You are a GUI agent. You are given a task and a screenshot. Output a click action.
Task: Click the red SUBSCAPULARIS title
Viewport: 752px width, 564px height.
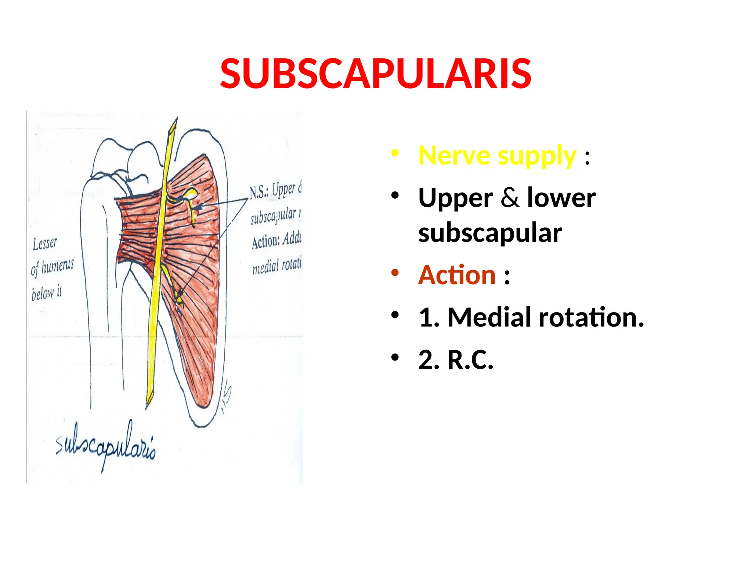375,74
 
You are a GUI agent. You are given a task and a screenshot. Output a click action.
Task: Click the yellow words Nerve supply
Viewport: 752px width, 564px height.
497,156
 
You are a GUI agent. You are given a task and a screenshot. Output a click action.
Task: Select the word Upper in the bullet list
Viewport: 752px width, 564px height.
455,198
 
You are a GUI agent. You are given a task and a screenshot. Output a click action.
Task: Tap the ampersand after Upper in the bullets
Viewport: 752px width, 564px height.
510,198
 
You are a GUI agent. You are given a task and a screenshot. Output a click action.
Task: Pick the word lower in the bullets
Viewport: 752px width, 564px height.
561,198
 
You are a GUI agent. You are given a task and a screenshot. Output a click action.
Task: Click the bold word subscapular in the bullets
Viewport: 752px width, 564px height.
490,233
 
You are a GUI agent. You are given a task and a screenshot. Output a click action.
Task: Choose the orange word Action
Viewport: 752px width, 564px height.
457,275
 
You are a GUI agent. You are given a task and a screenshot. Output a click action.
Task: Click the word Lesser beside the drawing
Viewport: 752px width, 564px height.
45,243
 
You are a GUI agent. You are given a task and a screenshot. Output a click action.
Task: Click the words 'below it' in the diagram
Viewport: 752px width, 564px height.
47,293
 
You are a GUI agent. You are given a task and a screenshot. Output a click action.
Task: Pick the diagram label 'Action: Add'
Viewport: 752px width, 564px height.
276,241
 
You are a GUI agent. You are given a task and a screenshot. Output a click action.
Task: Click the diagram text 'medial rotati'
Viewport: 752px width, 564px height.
276,265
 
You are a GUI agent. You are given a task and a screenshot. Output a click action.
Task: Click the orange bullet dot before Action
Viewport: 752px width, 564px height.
395,273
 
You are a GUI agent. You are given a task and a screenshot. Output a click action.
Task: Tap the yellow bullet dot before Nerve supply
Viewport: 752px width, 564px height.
395,153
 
